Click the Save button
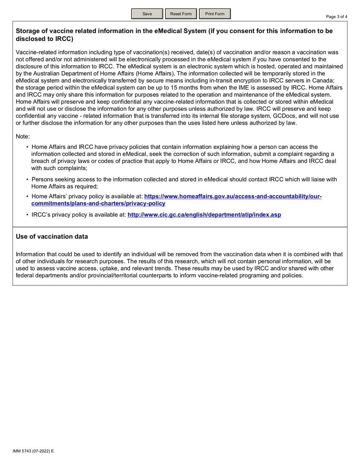[x=147, y=14]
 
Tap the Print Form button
[x=215, y=14]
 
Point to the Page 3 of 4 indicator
[x=337, y=17]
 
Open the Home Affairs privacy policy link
[x=233, y=197]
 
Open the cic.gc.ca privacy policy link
[x=204, y=215]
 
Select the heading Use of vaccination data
[x=52, y=236]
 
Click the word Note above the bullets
[x=22, y=136]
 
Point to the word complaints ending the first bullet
[x=71, y=168]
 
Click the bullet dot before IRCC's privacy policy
[x=27, y=215]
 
